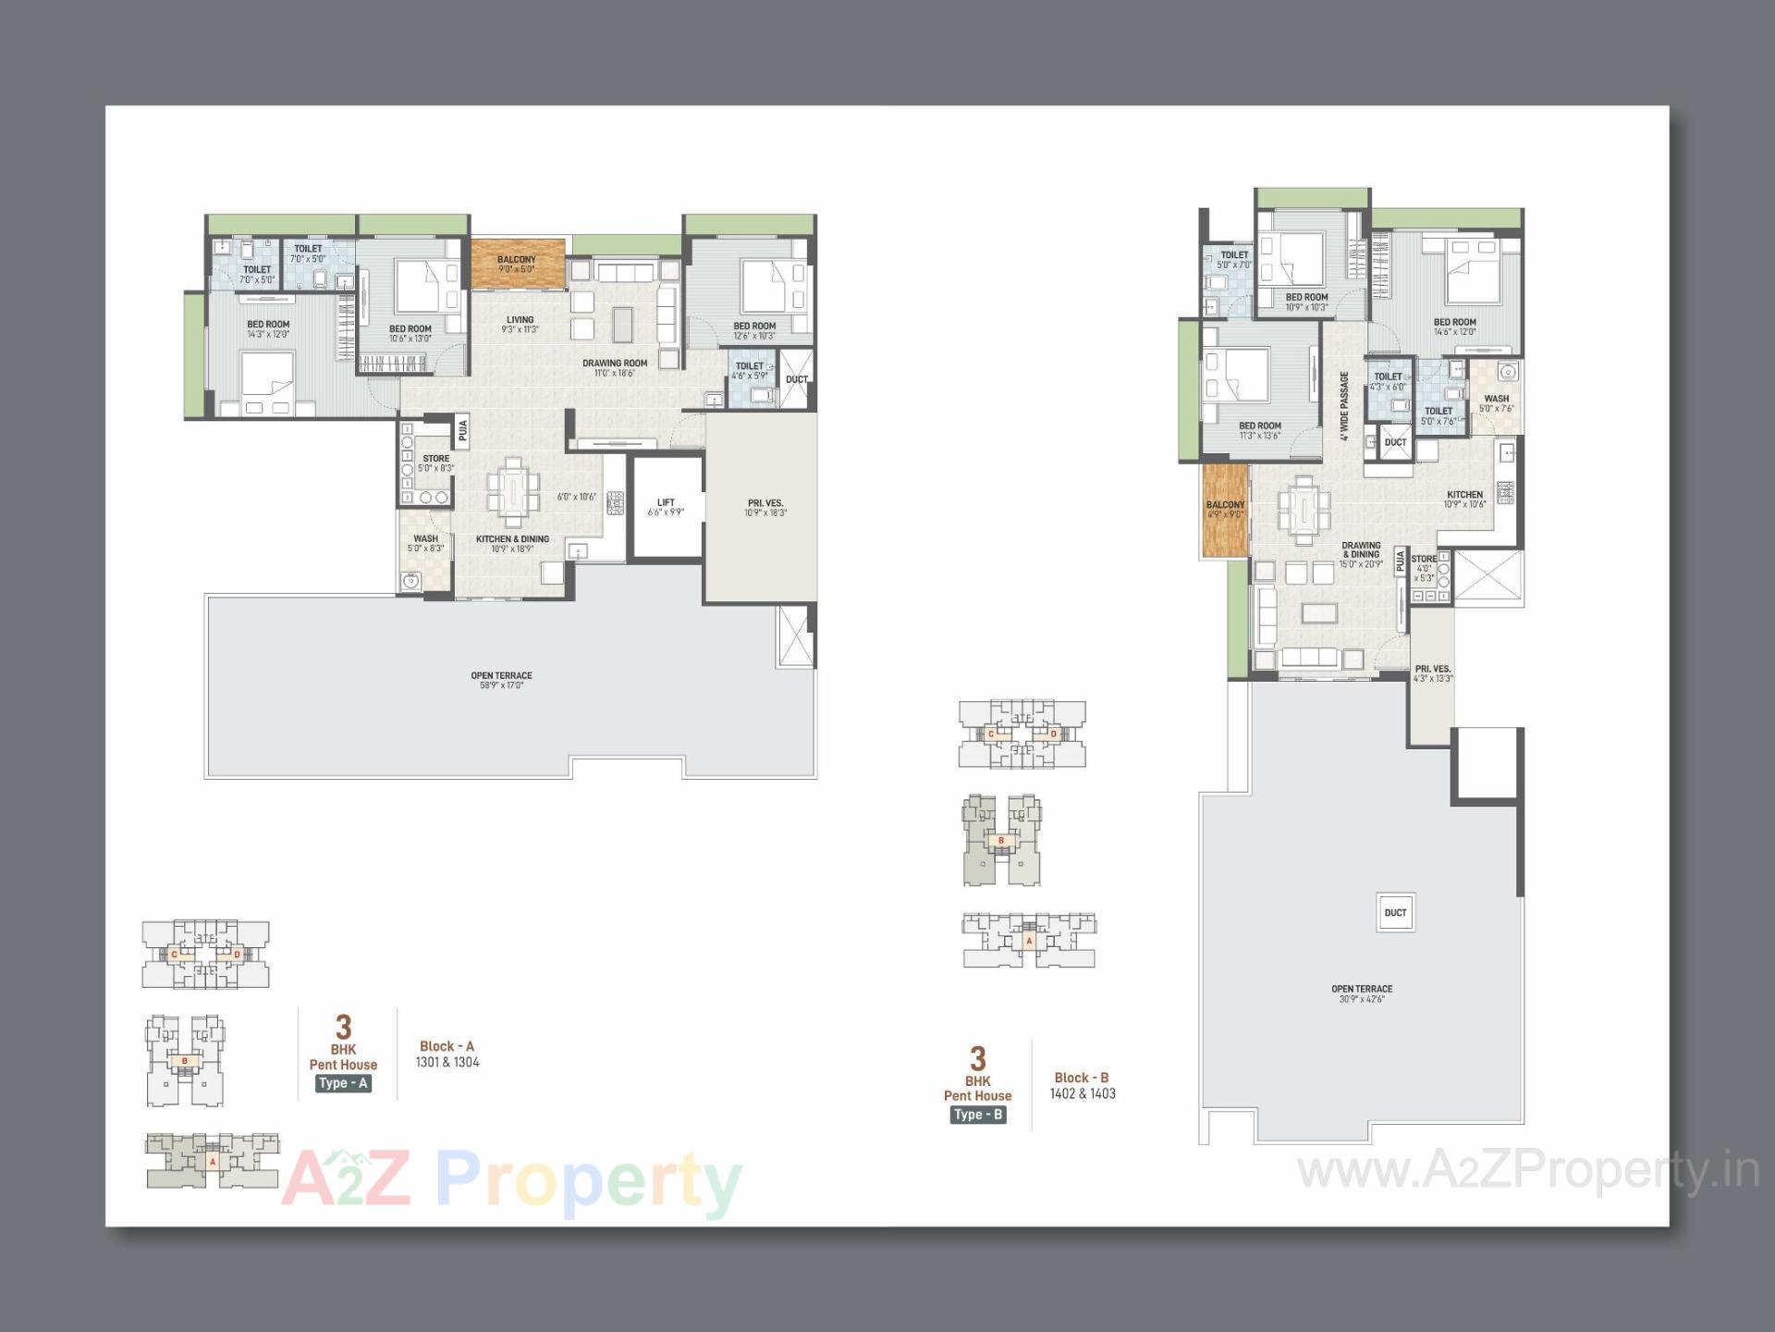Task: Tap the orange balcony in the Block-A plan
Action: (x=518, y=264)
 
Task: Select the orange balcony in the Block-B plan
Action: (x=1225, y=510)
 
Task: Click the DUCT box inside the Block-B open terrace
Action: (x=1395, y=913)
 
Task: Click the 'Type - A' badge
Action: (x=343, y=1083)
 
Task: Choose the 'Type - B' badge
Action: (x=977, y=1115)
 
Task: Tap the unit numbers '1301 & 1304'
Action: (x=447, y=1062)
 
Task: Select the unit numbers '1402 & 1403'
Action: (x=1083, y=1093)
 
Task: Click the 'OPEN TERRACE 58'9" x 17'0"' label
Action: (x=501, y=680)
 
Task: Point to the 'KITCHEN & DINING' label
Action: (x=512, y=539)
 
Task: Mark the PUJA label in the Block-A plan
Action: (x=462, y=429)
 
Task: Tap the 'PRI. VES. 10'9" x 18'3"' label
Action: (x=765, y=508)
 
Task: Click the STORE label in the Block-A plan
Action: (x=435, y=459)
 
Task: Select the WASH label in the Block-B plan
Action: (x=1496, y=400)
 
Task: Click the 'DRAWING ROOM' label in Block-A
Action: (x=615, y=364)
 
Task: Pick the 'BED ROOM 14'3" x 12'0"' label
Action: (x=268, y=329)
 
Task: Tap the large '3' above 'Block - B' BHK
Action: (x=977, y=1058)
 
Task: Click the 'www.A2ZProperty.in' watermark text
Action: (x=1528, y=1171)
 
